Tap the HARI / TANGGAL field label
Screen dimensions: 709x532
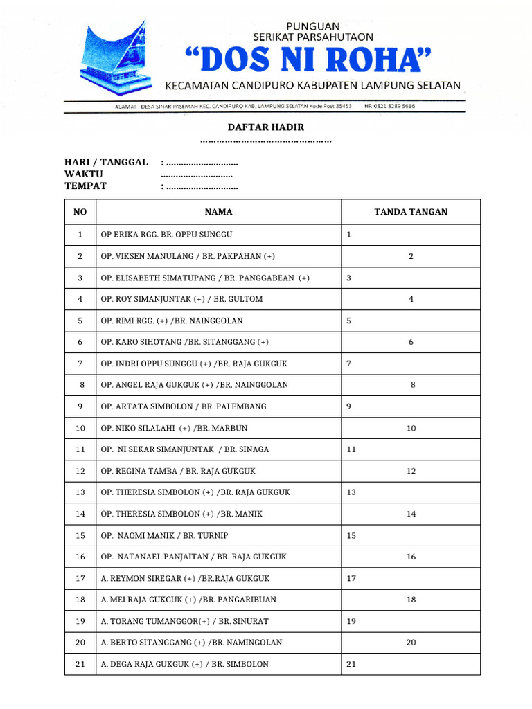pos(106,162)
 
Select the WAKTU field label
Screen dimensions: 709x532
pos(84,174)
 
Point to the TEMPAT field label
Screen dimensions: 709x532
pos(86,186)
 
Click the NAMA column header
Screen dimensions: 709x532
pos(218,212)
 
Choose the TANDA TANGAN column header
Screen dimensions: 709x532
pos(411,212)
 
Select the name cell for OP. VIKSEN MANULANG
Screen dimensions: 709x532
pos(188,256)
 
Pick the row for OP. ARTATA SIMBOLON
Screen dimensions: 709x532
pos(184,406)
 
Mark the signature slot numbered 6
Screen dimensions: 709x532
pos(411,342)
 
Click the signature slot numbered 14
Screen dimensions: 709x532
pos(411,514)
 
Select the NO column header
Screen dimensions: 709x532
pos(80,212)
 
